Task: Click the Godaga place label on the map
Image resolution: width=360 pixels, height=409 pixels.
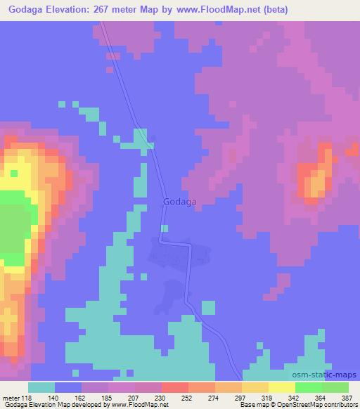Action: click(179, 202)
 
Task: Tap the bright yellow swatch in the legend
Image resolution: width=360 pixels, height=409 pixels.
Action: click(281, 387)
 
